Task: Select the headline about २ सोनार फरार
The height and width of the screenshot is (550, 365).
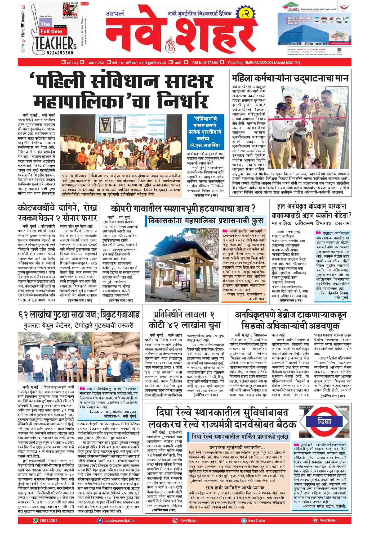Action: pyautogui.click(x=57, y=213)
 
